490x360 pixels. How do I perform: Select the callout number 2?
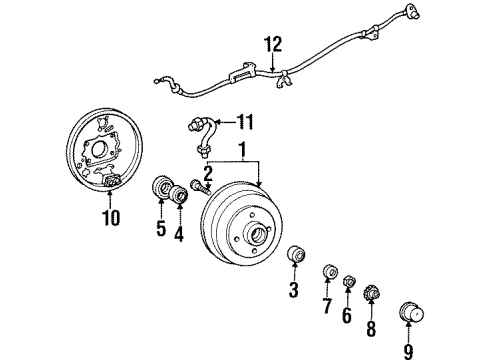pyautogui.click(x=207, y=173)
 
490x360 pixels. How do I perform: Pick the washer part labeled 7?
pyautogui.click(x=329, y=271)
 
